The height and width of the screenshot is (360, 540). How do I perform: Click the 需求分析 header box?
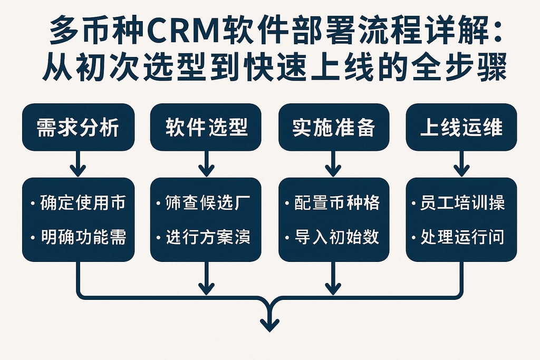coord(78,127)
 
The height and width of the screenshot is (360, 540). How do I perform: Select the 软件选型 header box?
coord(206,127)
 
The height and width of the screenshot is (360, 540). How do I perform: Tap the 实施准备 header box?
coord(333,127)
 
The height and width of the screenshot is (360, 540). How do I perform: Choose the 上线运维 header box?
coord(461,127)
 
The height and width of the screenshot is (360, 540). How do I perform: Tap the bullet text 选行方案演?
coord(207,237)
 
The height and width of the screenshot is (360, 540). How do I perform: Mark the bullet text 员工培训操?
coord(462,203)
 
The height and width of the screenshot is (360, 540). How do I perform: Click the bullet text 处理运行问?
coord(462,237)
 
